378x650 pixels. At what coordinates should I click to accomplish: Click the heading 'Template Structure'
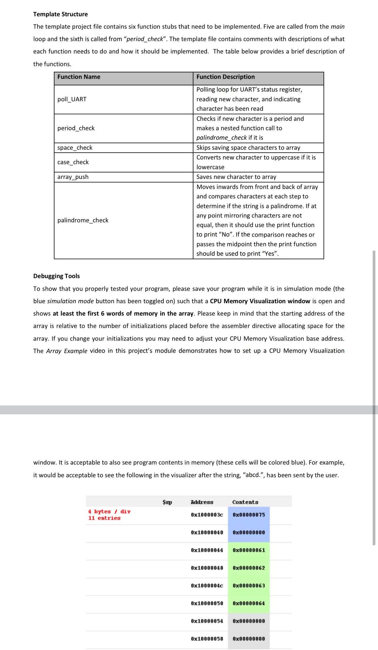click(60, 14)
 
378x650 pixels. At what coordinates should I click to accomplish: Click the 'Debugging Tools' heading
click(57, 276)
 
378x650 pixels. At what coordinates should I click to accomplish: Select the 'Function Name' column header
click(79, 77)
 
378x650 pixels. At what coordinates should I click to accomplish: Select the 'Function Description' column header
click(226, 77)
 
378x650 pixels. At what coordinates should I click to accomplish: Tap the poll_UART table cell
click(72, 99)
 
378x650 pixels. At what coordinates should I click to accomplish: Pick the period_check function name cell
click(76, 128)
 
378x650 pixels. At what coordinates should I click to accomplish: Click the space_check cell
click(75, 148)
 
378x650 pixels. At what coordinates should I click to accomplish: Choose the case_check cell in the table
click(73, 162)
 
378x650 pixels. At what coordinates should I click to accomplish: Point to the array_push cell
click(73, 177)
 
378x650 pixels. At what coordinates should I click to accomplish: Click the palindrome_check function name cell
click(83, 220)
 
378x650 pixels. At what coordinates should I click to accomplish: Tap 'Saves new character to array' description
click(236, 177)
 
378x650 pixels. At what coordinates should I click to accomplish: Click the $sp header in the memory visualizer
click(167, 502)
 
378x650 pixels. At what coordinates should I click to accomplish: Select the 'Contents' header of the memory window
click(245, 502)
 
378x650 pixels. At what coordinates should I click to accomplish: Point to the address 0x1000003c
click(207, 515)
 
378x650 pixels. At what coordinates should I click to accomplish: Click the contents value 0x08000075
click(249, 515)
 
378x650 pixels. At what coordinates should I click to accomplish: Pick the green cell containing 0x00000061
click(249, 550)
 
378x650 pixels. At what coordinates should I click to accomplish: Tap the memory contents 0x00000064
click(249, 603)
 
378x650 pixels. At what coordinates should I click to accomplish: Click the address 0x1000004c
click(207, 585)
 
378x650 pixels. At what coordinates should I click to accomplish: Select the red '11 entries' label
click(104, 518)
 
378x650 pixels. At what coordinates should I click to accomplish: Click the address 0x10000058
click(207, 639)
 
